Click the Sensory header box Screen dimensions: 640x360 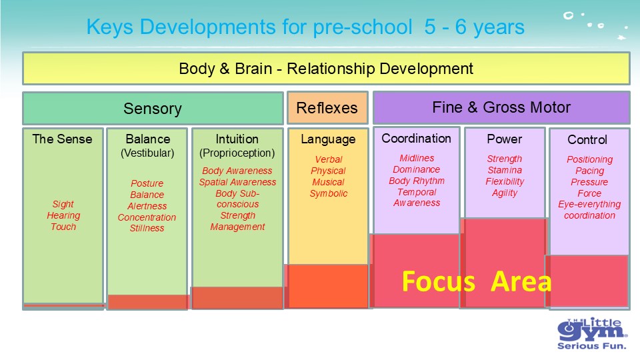[153, 108]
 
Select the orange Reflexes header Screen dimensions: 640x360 [327, 108]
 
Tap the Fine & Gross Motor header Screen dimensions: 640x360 [501, 107]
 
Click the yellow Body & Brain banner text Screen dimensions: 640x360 [326, 69]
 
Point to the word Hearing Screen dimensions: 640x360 [63, 215]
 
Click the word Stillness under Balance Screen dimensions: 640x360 [147, 228]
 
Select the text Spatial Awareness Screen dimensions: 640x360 [237, 182]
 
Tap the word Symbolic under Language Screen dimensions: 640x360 [329, 194]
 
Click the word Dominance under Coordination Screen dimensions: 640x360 [416, 169]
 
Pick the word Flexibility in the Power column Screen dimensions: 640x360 [505, 181]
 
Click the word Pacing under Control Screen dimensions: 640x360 [589, 171]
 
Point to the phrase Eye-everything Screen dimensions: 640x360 [589, 204]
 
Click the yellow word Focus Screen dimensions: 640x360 [439, 281]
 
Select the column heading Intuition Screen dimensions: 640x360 [237, 139]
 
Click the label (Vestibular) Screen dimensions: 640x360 [147, 153]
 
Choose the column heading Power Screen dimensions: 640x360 [505, 139]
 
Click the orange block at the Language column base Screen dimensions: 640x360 [327, 286]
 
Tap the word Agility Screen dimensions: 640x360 [505, 193]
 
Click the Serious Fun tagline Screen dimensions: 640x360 [591, 346]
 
